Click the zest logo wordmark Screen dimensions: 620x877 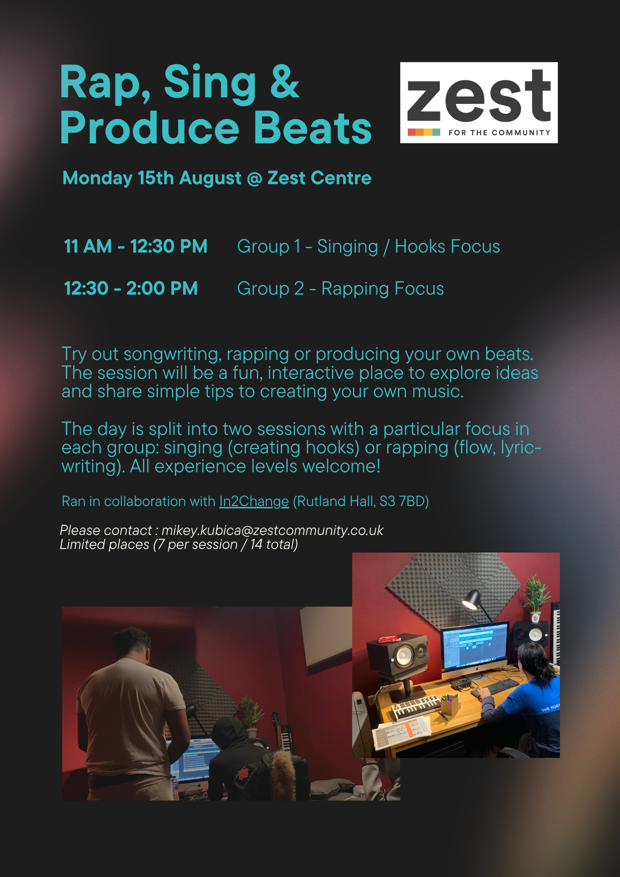pyautogui.click(x=479, y=96)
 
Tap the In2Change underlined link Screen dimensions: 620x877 pyautogui.click(x=254, y=501)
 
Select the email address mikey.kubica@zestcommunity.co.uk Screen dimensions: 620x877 pyautogui.click(x=272, y=530)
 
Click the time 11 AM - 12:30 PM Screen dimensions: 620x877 pyautogui.click(x=135, y=246)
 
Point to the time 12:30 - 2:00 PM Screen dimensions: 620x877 pyautogui.click(x=131, y=288)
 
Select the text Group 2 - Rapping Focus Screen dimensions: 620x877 pyautogui.click(x=340, y=289)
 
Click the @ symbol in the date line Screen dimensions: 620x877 pyautogui.click(x=254, y=178)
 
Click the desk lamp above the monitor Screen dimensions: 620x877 pyautogui.click(x=473, y=600)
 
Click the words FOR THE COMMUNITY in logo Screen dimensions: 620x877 pyautogui.click(x=499, y=132)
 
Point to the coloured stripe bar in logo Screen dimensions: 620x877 pyautogui.click(x=424, y=132)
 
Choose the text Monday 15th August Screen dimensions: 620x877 pyautogui.click(x=152, y=178)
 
